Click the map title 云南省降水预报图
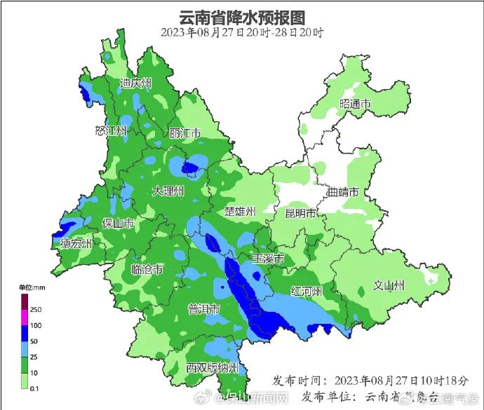242,16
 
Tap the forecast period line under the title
242,32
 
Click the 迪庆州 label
135,83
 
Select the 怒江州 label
111,130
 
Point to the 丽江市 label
185,133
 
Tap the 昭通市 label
354,104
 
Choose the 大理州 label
168,191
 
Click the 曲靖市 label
343,192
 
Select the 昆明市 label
301,212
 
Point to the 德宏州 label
76,244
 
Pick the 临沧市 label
147,269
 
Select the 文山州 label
389,285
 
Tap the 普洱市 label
205,309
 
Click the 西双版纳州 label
213,368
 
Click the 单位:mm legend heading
32,287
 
